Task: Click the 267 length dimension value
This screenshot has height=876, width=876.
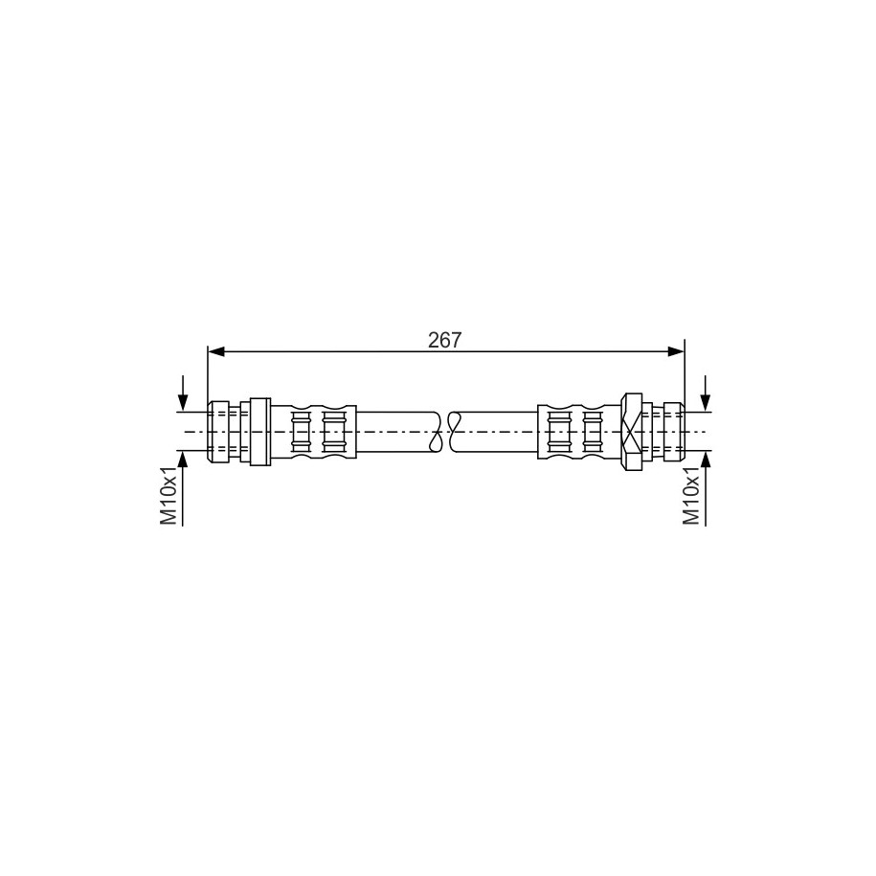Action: (x=445, y=340)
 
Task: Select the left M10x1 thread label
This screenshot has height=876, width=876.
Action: (x=168, y=496)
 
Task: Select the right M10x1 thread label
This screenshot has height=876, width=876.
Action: (x=691, y=496)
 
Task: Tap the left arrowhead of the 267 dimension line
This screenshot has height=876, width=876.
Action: (x=215, y=351)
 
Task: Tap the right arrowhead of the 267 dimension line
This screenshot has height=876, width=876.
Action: (x=676, y=351)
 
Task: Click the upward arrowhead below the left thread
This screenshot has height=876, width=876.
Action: (x=183, y=459)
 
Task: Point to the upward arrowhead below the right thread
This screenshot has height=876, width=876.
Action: (x=706, y=459)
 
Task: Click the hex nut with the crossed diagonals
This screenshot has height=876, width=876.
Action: (x=631, y=431)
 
